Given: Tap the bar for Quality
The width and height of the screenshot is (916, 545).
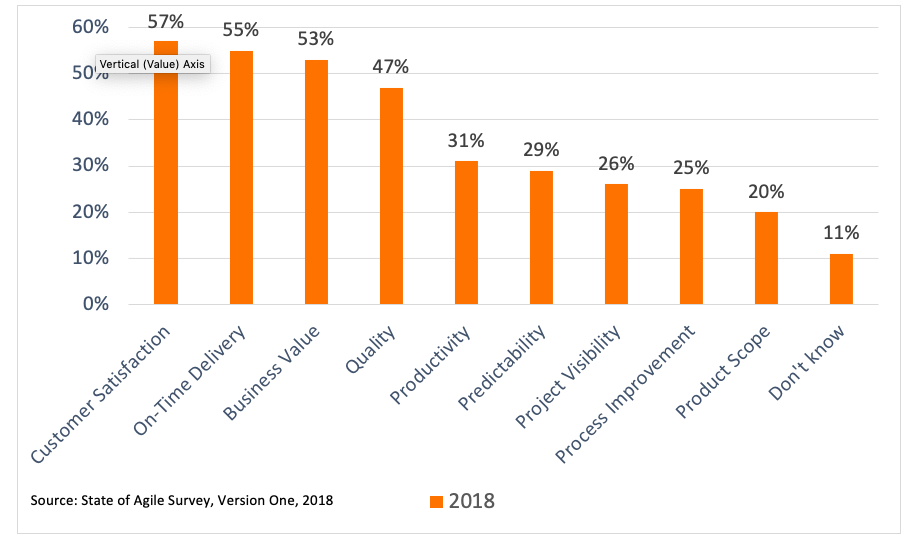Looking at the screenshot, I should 391,196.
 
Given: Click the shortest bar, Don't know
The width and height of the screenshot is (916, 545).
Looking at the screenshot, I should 841,279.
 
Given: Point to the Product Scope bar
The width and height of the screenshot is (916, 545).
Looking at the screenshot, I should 766,258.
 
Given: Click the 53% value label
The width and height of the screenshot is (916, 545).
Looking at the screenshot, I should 316,40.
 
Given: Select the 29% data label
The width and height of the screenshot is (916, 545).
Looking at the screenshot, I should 541,150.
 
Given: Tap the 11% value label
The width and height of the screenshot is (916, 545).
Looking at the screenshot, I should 841,233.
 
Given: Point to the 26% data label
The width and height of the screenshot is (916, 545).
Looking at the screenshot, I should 616,164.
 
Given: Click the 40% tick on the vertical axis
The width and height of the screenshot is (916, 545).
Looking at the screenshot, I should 90,119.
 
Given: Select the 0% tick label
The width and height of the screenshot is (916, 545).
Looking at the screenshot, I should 95,304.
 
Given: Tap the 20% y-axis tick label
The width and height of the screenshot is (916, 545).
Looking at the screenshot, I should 90,212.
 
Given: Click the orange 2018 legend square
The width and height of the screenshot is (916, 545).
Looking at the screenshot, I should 436,501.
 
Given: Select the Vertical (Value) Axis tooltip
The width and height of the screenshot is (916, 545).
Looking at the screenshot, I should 151,63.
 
